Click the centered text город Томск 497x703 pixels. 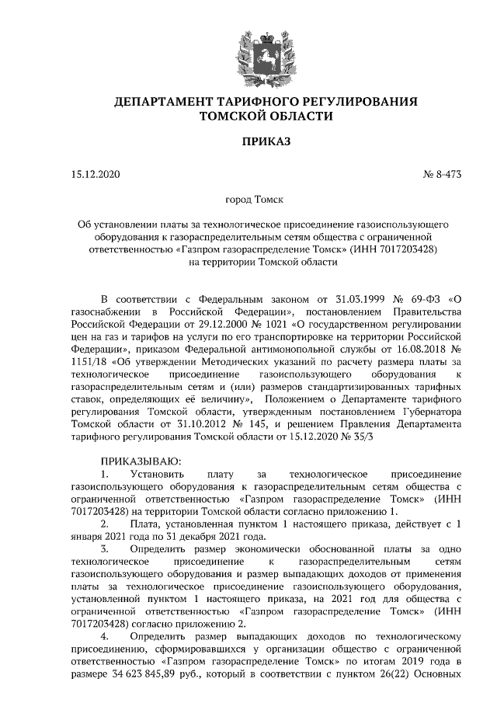click(x=249, y=200)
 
